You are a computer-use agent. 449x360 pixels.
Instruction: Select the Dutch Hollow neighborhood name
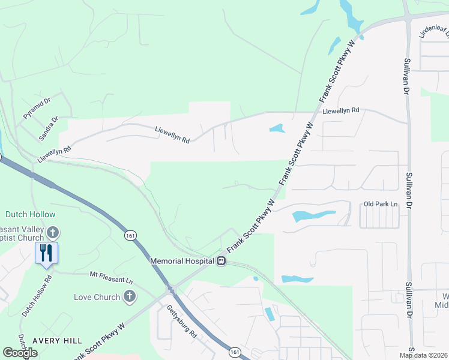coord(30,214)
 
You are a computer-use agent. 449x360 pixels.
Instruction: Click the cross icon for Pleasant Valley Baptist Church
coord(53,232)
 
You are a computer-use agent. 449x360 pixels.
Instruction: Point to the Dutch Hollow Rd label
coord(37,296)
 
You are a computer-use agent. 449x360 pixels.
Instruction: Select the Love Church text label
coord(97,297)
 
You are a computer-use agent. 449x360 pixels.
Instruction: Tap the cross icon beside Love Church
coord(129,296)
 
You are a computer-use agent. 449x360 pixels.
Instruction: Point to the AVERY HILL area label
coord(58,340)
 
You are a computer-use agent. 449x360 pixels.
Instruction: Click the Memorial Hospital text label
coord(182,261)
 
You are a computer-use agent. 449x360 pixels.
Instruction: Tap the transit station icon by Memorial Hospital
coord(221,261)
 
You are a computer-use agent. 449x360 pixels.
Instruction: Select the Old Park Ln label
coord(381,205)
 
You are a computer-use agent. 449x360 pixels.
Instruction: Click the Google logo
coord(20,353)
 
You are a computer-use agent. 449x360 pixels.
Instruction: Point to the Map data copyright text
coord(424,355)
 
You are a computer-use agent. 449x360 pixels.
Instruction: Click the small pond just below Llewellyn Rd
coord(276,128)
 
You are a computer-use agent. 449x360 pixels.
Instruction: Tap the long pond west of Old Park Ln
coord(313,215)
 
